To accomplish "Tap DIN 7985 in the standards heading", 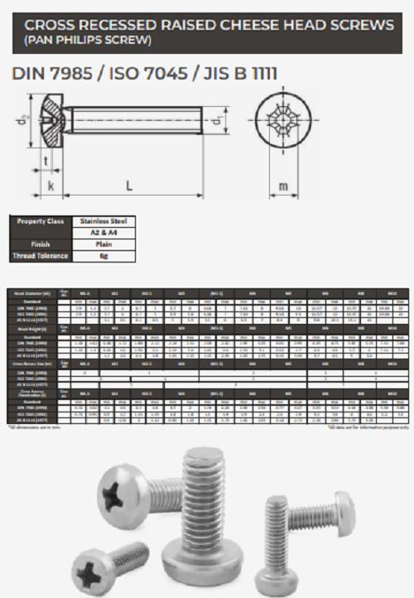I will pos(49,75).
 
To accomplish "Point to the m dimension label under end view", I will pos(284,186).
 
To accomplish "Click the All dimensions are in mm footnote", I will pos(35,427).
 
